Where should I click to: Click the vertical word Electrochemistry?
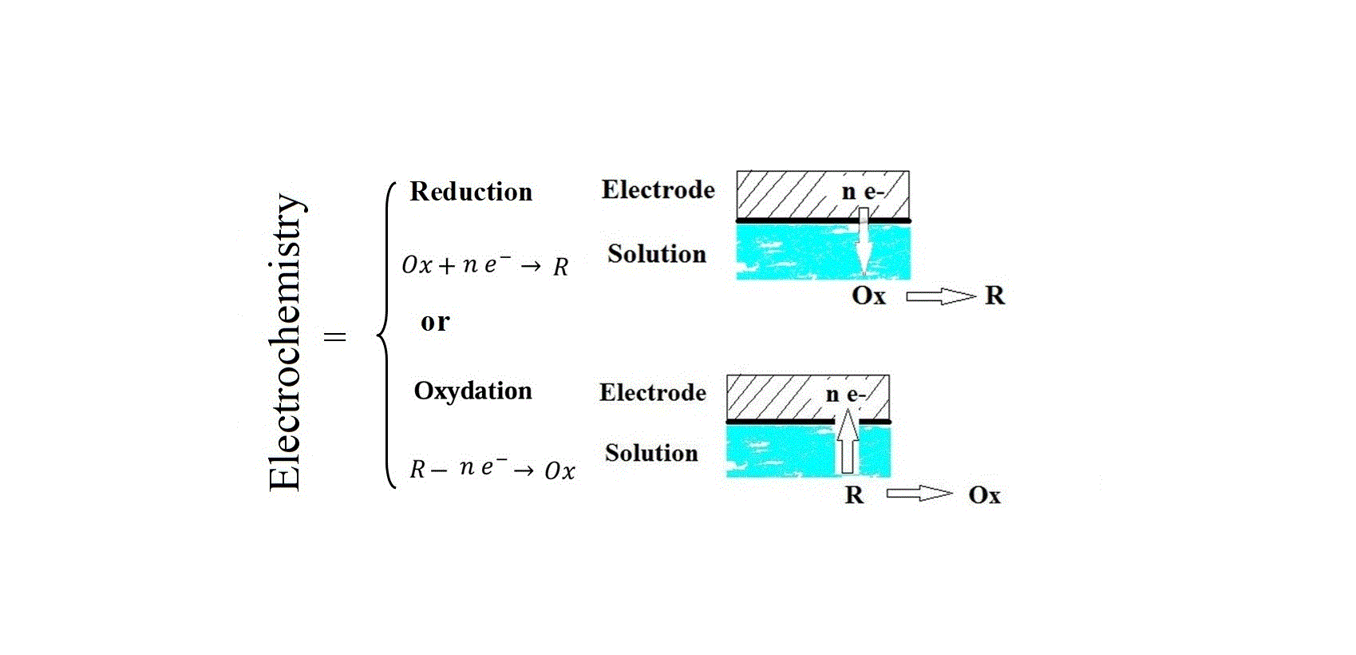click(286, 342)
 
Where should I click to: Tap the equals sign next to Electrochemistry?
click(334, 336)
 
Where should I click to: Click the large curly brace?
click(387, 335)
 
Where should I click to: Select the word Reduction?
click(471, 192)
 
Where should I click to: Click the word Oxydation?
click(472, 391)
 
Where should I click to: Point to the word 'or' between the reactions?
click(435, 321)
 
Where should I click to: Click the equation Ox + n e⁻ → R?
click(484, 265)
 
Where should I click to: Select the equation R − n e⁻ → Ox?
click(492, 469)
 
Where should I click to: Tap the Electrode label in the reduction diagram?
click(658, 190)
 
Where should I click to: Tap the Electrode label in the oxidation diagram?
click(652, 392)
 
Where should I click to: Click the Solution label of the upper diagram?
click(656, 254)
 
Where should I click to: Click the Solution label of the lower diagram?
click(651, 453)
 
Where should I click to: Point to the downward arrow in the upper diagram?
click(863, 241)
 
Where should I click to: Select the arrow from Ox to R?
click(940, 296)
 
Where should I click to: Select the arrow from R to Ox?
click(919, 494)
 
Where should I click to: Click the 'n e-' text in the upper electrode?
click(862, 192)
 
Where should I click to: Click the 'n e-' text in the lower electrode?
click(845, 394)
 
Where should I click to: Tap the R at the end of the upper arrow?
click(994, 296)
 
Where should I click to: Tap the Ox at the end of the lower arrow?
click(984, 495)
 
